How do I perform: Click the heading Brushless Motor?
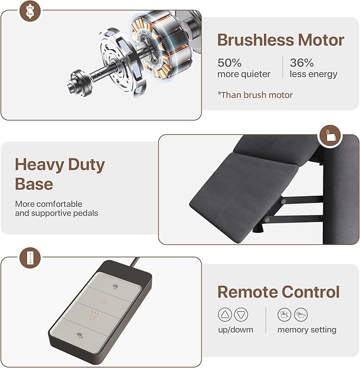[280, 40]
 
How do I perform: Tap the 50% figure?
[229, 63]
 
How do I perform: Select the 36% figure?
[302, 63]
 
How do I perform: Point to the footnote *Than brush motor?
[255, 95]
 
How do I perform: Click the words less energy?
[313, 74]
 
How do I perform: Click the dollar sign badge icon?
[30, 11]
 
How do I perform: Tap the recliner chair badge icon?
[330, 136]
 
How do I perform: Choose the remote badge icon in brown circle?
[30, 258]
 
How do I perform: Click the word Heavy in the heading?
[39, 165]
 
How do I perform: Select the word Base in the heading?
[34, 184]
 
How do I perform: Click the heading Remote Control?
[278, 292]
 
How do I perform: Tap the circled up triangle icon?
[225, 314]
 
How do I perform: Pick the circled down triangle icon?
[241, 314]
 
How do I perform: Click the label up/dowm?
[235, 330]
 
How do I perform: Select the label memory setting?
[307, 330]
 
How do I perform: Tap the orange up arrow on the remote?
[103, 302]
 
